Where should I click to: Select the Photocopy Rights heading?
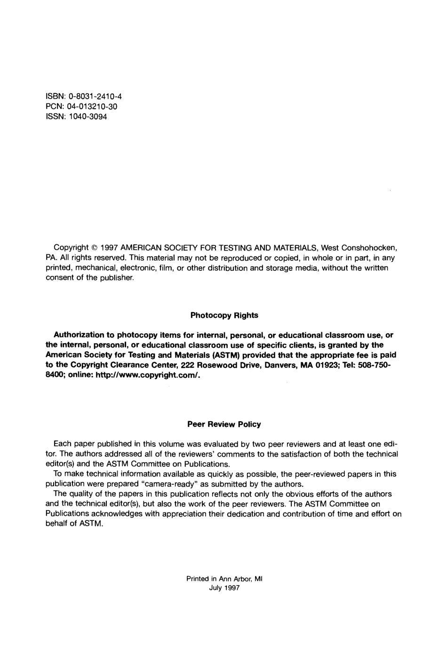(x=224, y=315)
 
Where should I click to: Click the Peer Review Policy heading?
(x=224, y=424)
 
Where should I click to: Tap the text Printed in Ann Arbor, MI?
(x=224, y=579)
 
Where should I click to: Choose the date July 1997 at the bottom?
(x=224, y=588)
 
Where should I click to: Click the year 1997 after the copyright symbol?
(x=109, y=247)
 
